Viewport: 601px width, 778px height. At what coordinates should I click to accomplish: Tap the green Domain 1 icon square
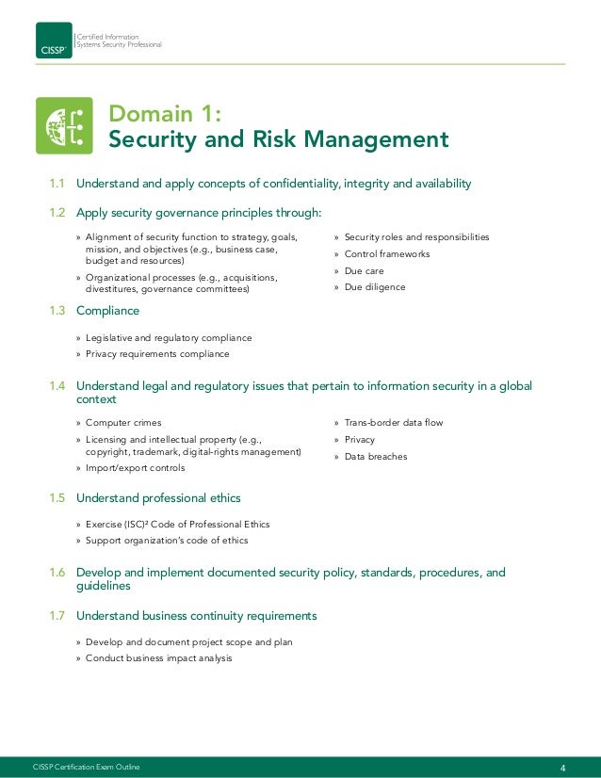point(64,125)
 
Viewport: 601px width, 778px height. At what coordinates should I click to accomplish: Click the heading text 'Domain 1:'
point(166,114)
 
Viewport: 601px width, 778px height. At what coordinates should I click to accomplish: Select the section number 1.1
point(58,183)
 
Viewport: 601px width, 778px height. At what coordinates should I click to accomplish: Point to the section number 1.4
point(58,385)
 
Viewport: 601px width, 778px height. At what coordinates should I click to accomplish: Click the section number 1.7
point(58,616)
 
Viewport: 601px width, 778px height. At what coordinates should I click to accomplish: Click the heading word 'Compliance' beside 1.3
point(107,311)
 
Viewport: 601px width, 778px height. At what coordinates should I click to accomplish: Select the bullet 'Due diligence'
point(374,287)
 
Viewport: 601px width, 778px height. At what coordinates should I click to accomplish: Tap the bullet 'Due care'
point(365,271)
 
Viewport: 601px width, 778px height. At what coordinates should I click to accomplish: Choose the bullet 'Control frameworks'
point(386,254)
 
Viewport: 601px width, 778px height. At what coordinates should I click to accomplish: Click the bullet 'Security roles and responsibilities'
point(416,237)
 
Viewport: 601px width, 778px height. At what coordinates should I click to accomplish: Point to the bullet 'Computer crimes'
point(122,423)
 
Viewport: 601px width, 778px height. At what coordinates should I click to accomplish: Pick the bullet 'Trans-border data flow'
point(393,423)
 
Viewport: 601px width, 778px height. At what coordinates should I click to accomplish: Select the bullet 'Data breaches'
point(375,457)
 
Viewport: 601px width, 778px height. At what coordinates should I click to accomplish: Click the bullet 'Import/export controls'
point(135,468)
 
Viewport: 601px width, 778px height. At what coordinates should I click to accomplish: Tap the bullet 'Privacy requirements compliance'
point(156,354)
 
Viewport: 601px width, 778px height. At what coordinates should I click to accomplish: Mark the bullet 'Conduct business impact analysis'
point(158,658)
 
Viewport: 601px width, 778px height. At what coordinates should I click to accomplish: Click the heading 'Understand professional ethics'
point(158,497)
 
